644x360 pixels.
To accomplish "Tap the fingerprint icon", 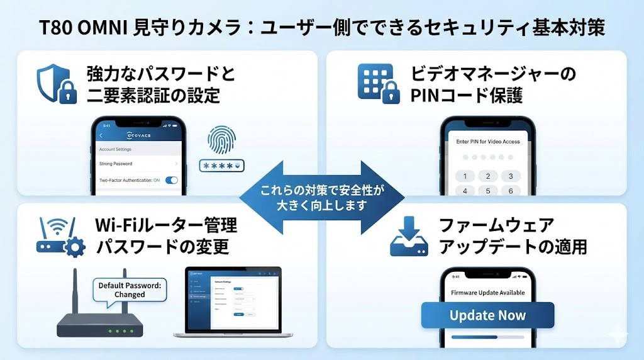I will coord(220,140).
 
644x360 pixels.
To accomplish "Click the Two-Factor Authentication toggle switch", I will coord(171,180).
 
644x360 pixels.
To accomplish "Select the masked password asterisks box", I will coord(221,166).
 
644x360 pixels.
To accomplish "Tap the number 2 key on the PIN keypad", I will coord(487,176).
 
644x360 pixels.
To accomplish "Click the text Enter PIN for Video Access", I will coord(487,142).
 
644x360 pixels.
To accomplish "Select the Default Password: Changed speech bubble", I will coord(130,290).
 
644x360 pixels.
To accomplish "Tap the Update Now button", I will coord(487,315).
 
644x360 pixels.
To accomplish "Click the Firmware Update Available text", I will coord(487,293).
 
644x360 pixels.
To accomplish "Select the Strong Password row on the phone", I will coord(138,164).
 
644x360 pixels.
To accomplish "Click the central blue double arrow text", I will coord(322,197).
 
